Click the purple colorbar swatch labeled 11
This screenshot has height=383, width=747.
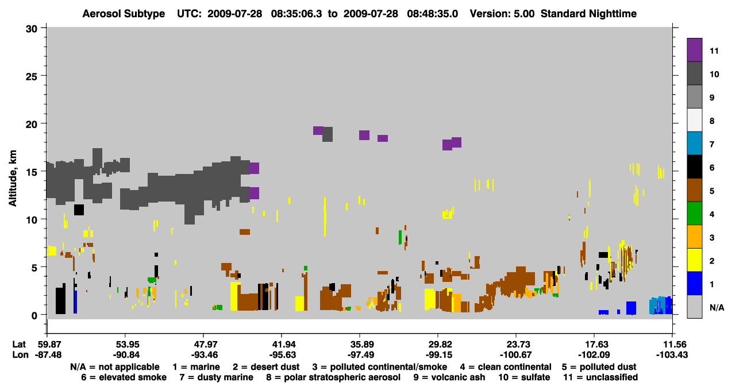tap(694, 49)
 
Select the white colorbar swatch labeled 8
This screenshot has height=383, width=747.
tap(694, 119)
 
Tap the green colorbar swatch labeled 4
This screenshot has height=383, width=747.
tap(694, 213)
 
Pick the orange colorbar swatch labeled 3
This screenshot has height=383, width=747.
tap(694, 237)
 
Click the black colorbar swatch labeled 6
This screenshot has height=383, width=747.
tap(694, 167)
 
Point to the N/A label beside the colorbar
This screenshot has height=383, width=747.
tap(717, 307)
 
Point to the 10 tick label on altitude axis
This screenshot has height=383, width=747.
tap(32, 220)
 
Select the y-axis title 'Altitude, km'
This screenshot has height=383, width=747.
tap(12, 178)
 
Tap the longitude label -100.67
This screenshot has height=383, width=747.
tap(515, 355)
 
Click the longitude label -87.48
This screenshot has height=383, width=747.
tap(48, 355)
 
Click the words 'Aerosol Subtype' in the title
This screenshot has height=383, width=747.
tap(124, 14)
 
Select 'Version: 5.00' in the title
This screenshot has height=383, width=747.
tap(502, 14)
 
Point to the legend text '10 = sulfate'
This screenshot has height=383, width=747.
tap(524, 377)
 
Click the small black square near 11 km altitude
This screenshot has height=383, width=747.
tap(79, 210)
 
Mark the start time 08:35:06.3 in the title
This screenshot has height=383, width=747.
tap(297, 14)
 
